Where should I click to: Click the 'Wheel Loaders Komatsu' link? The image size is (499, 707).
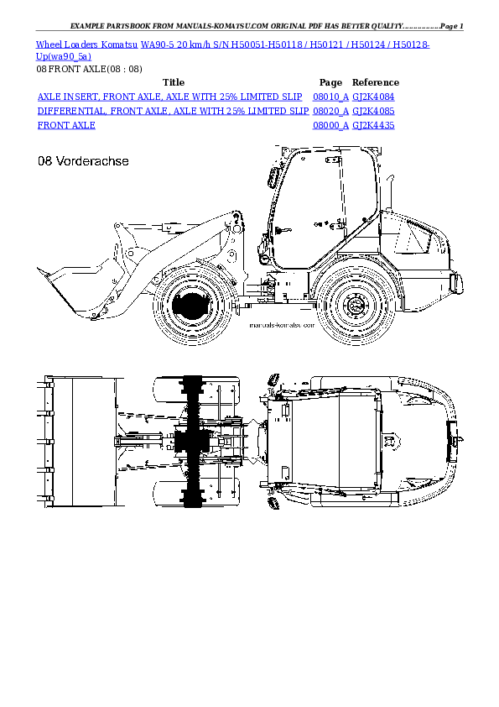click(x=82, y=44)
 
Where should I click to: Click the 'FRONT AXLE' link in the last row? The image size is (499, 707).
click(x=66, y=125)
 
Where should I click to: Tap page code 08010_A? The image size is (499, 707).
click(x=330, y=97)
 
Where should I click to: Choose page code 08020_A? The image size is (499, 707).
click(x=330, y=111)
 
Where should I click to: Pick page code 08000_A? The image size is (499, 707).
click(x=330, y=125)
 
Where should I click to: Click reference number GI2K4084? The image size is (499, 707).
click(x=373, y=97)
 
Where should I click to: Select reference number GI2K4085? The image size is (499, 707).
click(x=373, y=111)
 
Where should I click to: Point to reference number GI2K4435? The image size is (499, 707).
click(x=373, y=125)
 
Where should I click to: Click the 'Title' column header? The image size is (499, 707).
click(x=173, y=82)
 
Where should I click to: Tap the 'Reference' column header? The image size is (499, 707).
click(x=375, y=82)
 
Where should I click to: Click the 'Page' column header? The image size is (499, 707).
click(x=330, y=82)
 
